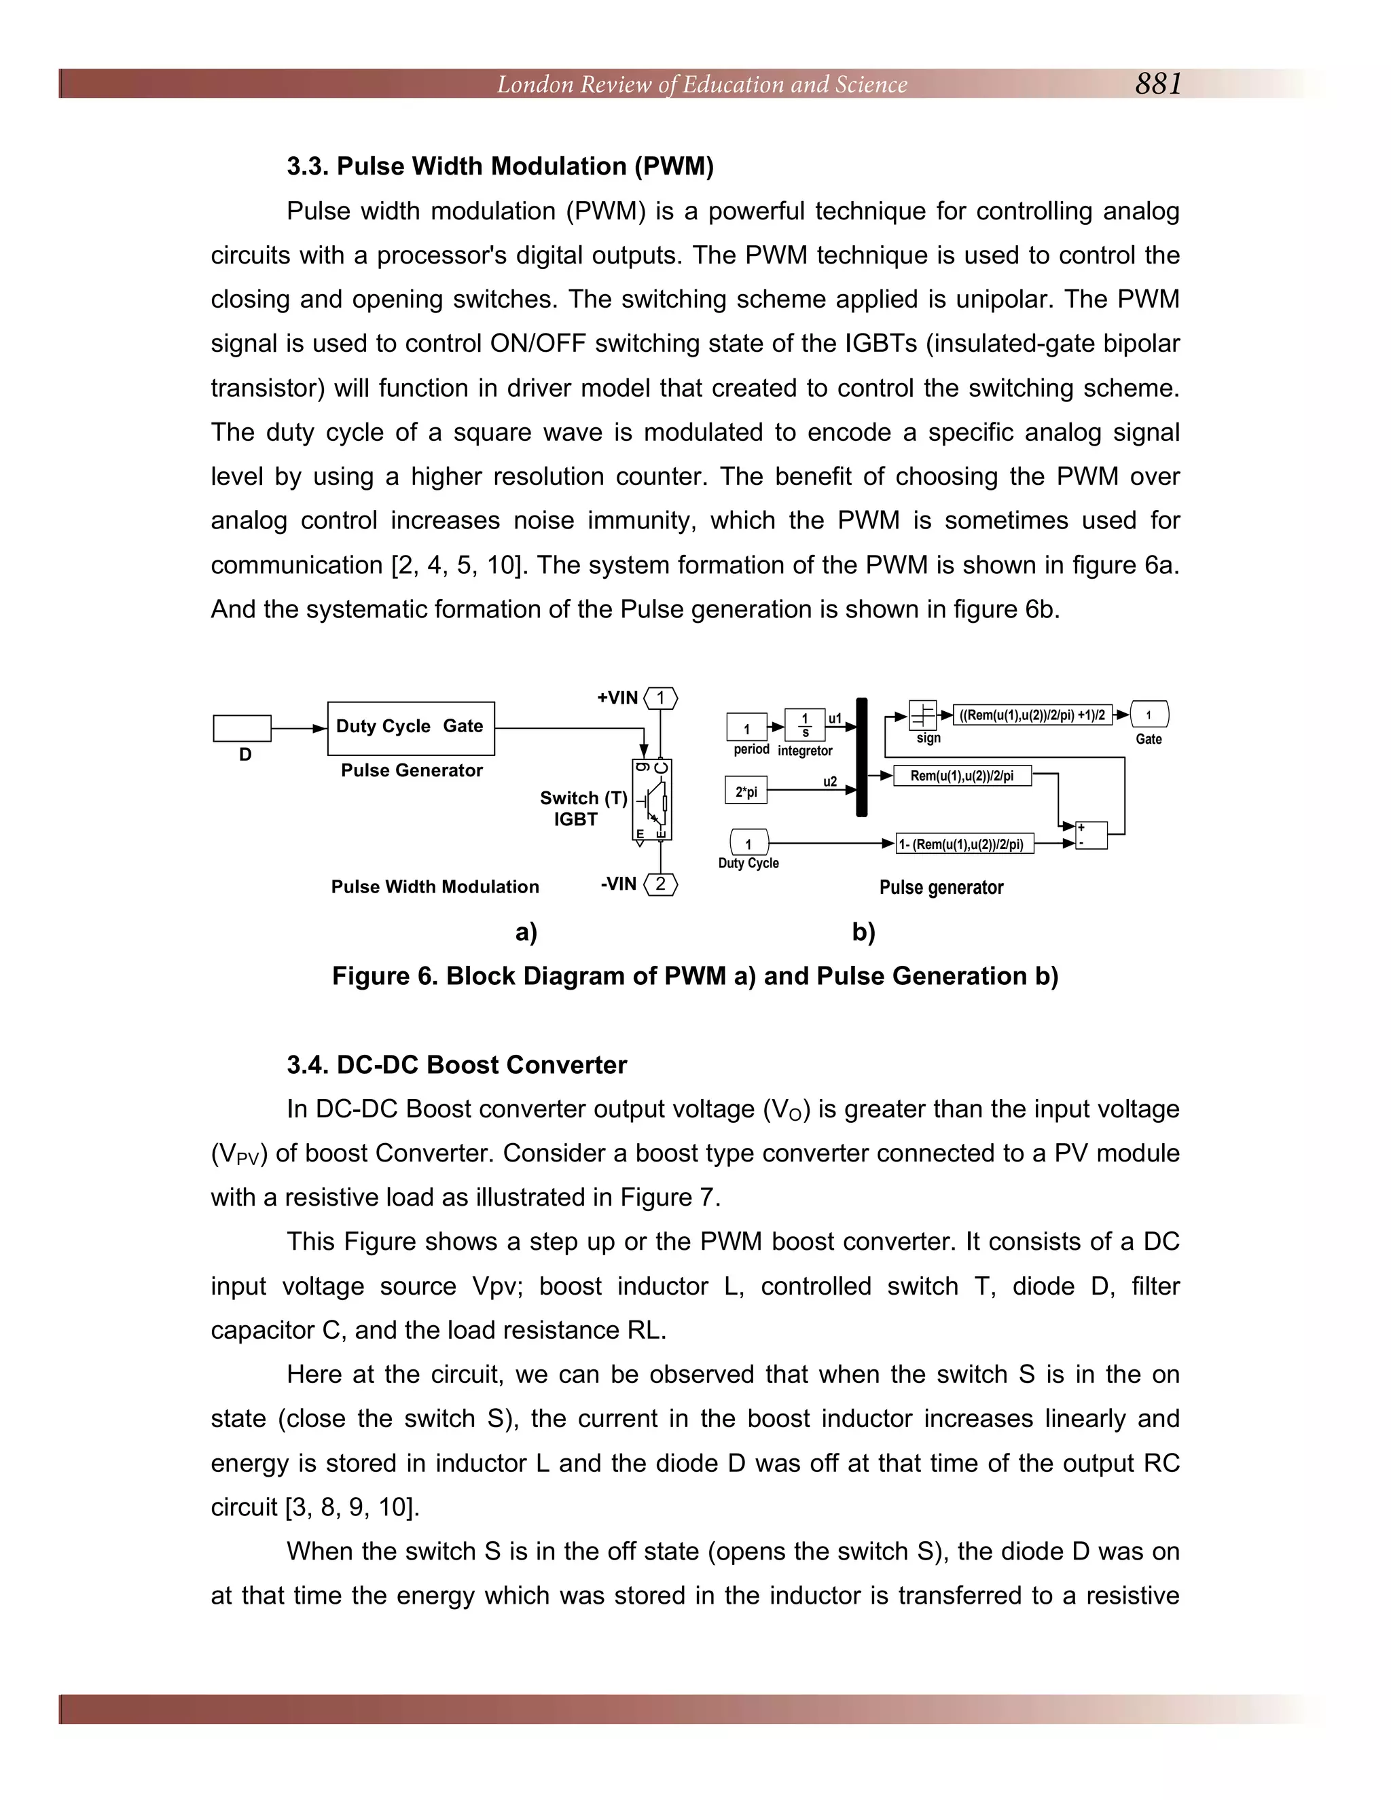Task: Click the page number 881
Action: pos(1158,84)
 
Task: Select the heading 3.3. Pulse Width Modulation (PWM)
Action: pos(499,166)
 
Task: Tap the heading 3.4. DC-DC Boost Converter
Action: pos(456,1065)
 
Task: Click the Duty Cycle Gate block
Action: pos(410,727)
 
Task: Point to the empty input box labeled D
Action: pos(241,727)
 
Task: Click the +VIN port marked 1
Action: pos(660,698)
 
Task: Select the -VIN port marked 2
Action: pos(660,884)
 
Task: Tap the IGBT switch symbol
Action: pos(652,799)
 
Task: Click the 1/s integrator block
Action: pos(804,725)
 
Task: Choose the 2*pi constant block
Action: pos(746,791)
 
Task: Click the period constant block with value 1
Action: pos(746,727)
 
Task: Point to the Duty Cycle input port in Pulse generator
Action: pos(749,842)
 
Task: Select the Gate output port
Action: pos(1149,714)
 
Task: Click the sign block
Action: pos(922,714)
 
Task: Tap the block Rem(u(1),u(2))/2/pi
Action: pos(962,776)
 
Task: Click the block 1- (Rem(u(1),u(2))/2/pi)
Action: pos(964,843)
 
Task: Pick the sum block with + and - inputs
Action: pos(1091,834)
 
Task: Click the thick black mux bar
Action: pos(862,757)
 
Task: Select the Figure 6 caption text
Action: pos(695,976)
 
